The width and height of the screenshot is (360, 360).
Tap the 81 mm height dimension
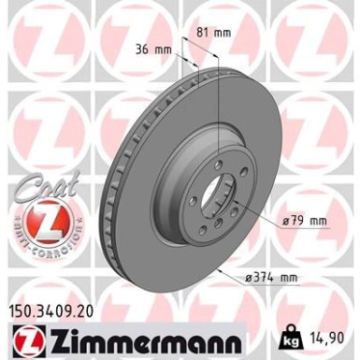[216, 33]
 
